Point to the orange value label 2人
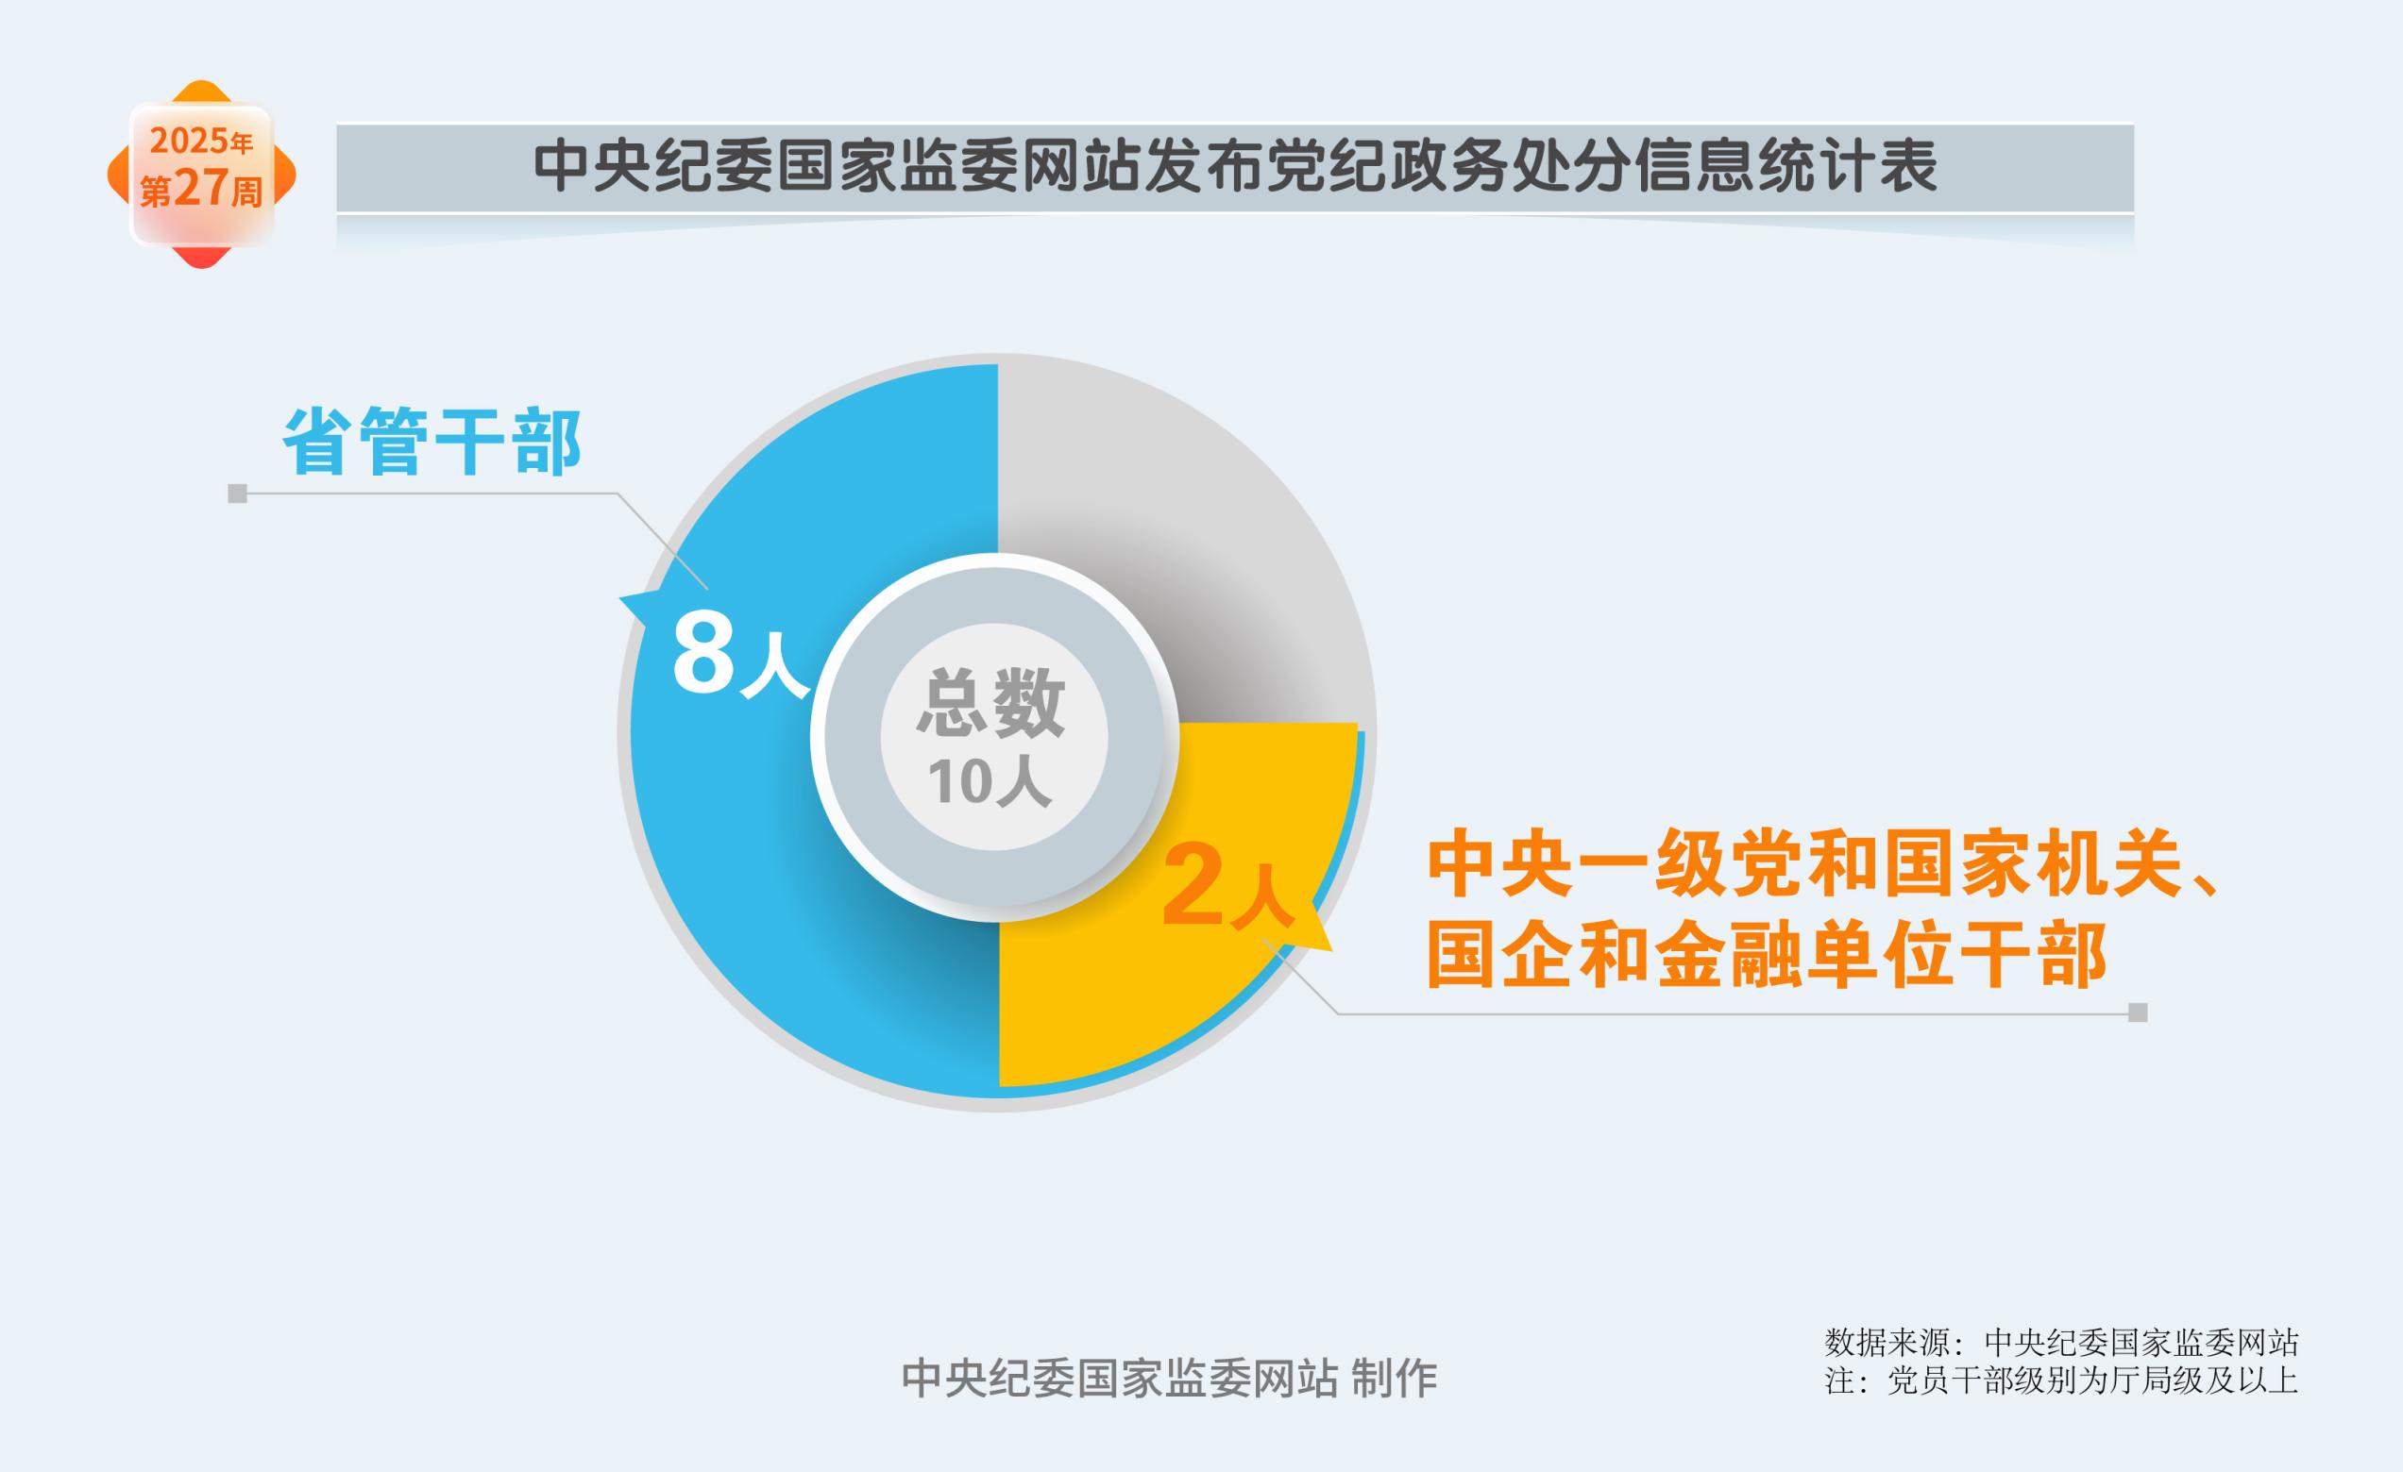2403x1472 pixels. pyautogui.click(x=1227, y=886)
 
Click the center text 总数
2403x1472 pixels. pyautogui.click(x=990, y=702)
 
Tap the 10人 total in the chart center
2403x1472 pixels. pyautogui.click(x=990, y=781)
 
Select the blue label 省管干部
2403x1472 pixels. pyautogui.click(x=432, y=442)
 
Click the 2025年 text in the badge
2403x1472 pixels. pyautogui.click(x=201, y=142)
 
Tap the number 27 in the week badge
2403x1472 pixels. pyautogui.click(x=201, y=188)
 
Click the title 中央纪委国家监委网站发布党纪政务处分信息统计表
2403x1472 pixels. pyautogui.click(x=1235, y=167)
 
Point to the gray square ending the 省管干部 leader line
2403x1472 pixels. pyautogui.click(x=237, y=493)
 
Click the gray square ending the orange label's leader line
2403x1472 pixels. pyautogui.click(x=2138, y=1012)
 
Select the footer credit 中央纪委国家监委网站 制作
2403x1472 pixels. pyautogui.click(x=1169, y=1379)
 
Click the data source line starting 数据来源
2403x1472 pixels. pyautogui.click(x=2061, y=1344)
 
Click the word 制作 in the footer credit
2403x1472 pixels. pyautogui.click(x=1395, y=1379)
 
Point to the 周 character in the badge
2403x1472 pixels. pyautogui.click(x=246, y=192)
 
